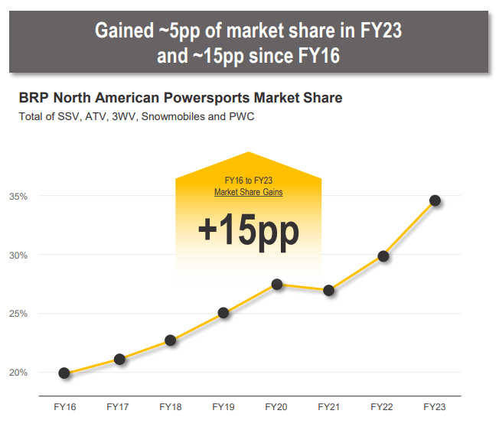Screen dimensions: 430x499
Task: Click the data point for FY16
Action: [x=64, y=373]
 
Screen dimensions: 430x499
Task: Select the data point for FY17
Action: [x=119, y=359]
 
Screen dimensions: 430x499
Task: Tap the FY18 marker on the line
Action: [x=171, y=340]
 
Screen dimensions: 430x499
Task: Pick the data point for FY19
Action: [x=223, y=313]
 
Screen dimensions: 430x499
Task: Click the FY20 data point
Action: [x=277, y=285]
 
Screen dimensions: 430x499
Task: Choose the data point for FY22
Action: [x=383, y=256]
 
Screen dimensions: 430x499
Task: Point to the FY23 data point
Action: [x=435, y=200]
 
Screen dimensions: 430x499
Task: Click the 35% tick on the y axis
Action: [x=18, y=197]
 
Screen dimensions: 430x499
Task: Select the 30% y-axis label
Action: [x=18, y=256]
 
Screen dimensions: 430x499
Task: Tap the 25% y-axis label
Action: [x=18, y=314]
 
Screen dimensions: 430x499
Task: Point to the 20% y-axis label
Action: [x=18, y=373]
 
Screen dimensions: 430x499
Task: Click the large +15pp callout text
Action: [x=248, y=230]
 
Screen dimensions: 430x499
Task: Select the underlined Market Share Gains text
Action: [x=248, y=192]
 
